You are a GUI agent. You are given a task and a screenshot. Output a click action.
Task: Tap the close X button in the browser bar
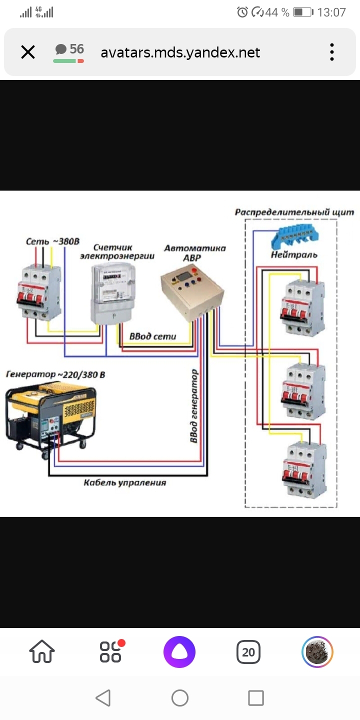[x=28, y=52]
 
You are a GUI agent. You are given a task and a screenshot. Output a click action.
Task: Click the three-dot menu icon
[x=331, y=52]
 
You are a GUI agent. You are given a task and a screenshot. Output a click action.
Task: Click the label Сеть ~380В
[x=52, y=241]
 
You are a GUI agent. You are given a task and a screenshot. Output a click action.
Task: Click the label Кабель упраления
[x=124, y=482]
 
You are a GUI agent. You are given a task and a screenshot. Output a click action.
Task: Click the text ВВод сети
[x=152, y=336]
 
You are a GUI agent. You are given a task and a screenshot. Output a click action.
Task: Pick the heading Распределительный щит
[x=294, y=212]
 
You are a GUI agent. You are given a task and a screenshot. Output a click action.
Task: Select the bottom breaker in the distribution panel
[x=304, y=469]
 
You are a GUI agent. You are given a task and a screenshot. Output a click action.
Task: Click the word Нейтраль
[x=294, y=254]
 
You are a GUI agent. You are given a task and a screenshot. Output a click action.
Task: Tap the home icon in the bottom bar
[x=42, y=652]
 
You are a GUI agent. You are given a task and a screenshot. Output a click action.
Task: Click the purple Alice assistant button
[x=179, y=652]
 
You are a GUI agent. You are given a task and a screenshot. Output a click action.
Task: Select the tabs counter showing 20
[x=248, y=652]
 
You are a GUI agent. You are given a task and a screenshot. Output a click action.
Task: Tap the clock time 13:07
[x=331, y=12]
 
